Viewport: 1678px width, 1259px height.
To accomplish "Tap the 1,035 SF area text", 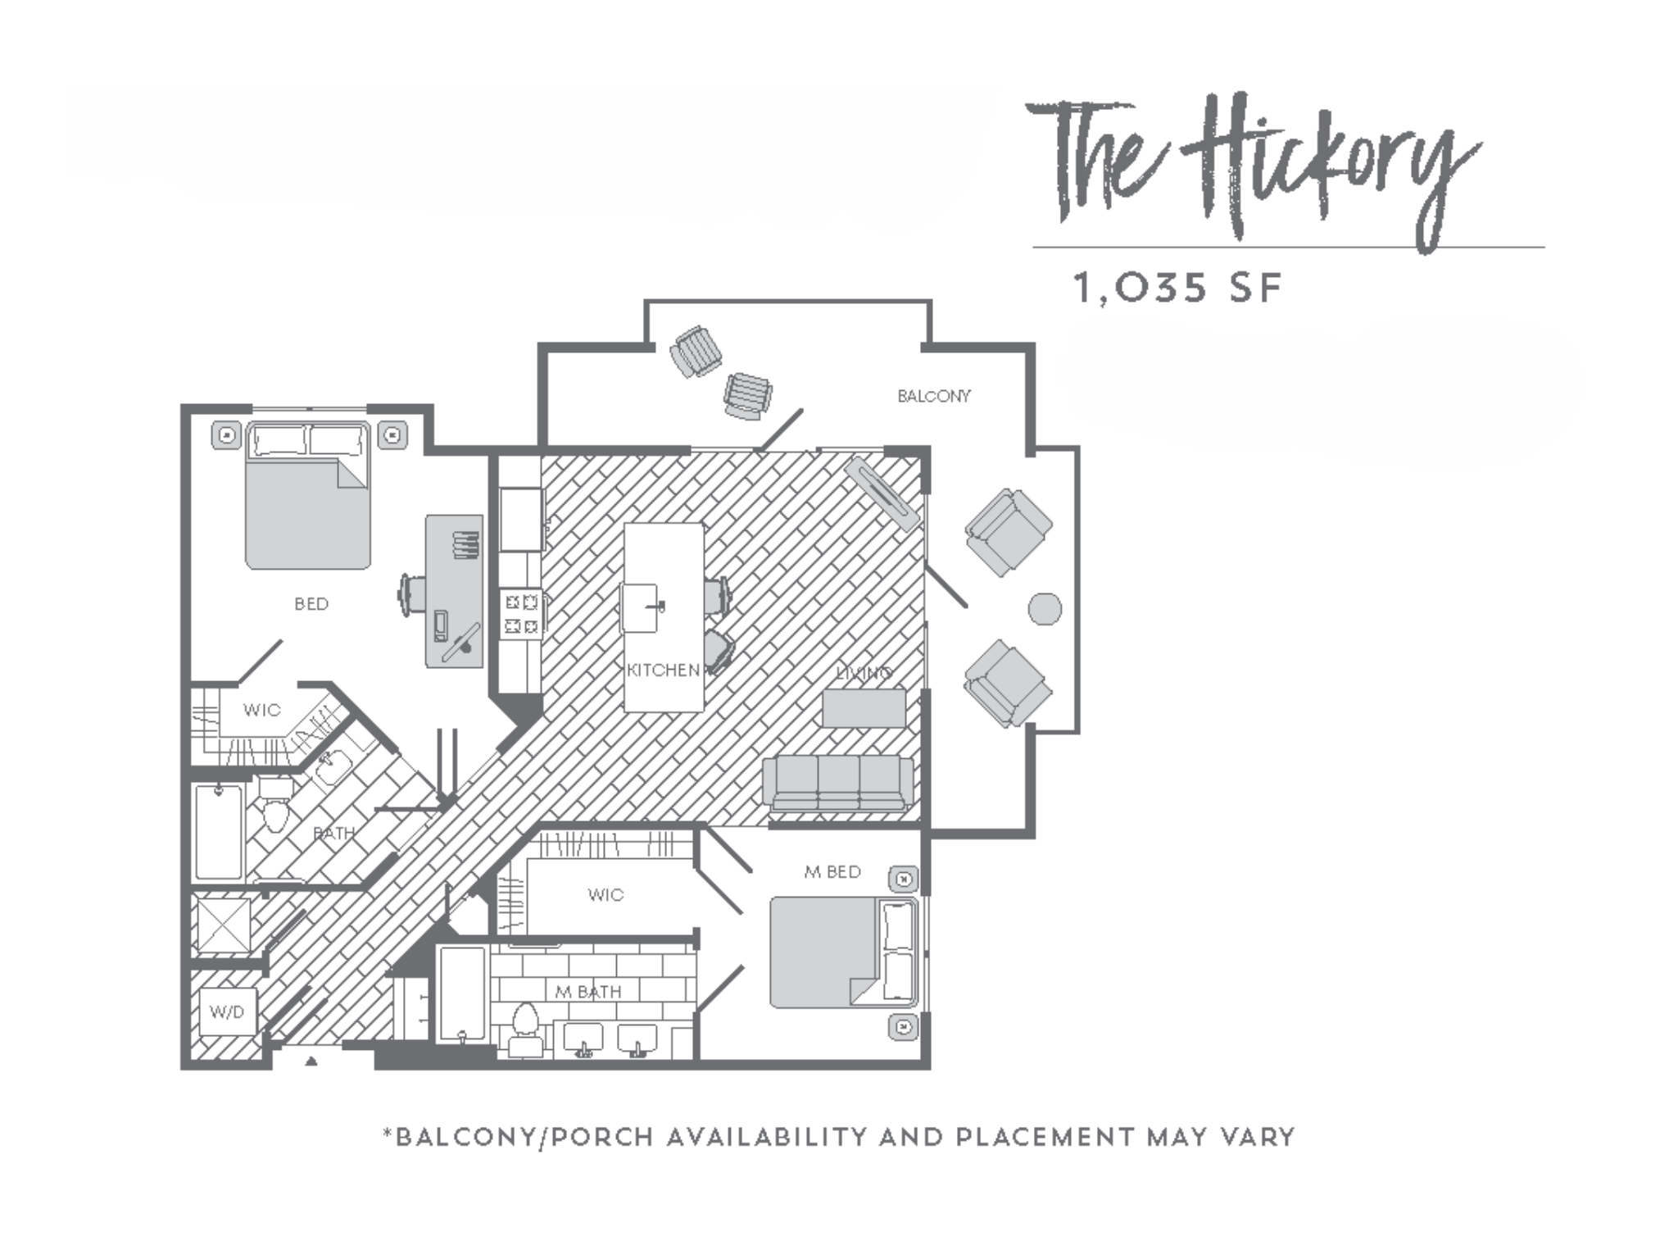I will pos(1177,289).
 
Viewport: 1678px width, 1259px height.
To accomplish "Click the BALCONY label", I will pos(933,397).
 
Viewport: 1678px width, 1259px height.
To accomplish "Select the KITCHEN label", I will pos(663,670).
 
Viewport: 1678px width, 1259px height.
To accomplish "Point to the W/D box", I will pos(227,1012).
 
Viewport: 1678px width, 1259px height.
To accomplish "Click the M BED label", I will pos(832,872).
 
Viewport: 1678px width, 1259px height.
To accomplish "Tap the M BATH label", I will pos(588,992).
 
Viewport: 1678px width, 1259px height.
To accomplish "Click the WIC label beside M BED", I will pos(605,895).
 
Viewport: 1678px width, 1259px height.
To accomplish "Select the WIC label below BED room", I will pos(261,710).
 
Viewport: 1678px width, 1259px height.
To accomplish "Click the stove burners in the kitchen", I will pos(521,614).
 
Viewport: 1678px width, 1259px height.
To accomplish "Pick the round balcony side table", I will pos(1045,608).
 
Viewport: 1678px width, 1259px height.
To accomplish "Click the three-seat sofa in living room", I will pos(837,783).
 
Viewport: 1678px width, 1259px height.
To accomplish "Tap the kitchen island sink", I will pos(641,607).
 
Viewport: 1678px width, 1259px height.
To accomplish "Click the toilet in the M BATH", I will pos(524,1025).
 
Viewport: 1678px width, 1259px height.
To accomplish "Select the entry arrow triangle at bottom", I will pos(311,1061).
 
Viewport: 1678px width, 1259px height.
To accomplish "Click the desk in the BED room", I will pos(454,590).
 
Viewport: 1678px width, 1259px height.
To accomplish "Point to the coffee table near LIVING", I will pos(864,707).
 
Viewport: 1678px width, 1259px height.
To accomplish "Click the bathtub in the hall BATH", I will pos(219,831).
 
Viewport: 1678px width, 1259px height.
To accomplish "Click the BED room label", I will pos(311,604).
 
